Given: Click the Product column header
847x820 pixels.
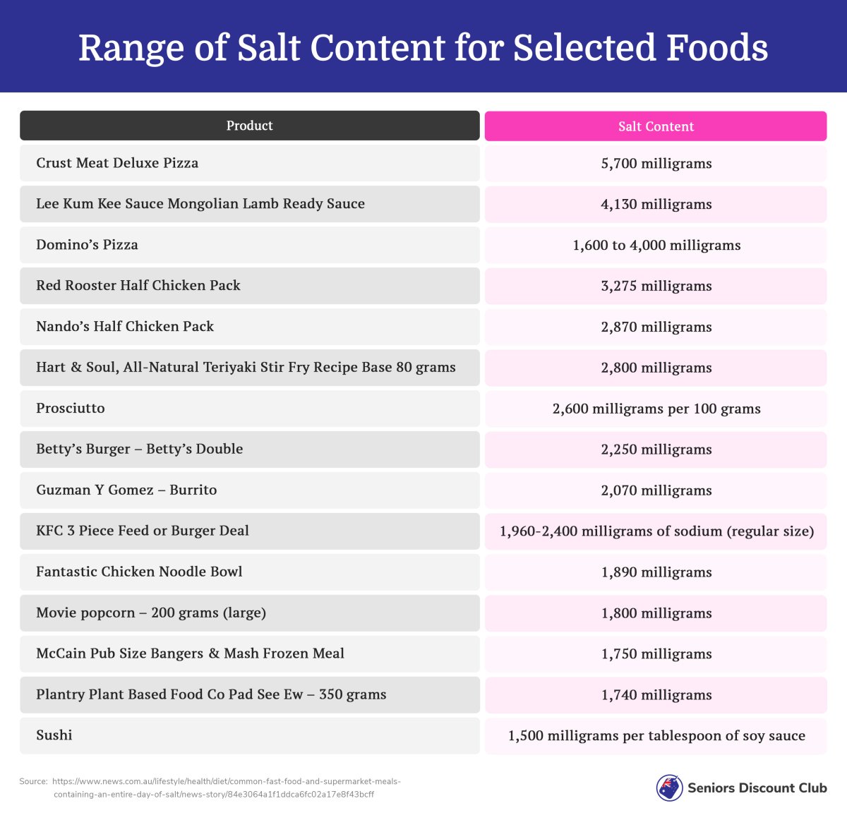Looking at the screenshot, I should click(249, 126).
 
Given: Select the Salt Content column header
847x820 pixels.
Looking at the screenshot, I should click(656, 126).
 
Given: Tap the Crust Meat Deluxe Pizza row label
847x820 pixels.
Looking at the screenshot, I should click(117, 163).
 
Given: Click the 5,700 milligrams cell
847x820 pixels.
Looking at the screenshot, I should click(656, 164).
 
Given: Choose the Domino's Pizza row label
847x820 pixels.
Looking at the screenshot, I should click(87, 245).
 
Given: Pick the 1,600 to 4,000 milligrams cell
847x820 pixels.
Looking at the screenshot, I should click(656, 246).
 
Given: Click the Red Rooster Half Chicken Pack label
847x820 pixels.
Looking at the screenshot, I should click(138, 286).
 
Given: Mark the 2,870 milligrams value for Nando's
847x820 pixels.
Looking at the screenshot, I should click(656, 327).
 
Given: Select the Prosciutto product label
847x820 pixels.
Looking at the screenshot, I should click(71, 409).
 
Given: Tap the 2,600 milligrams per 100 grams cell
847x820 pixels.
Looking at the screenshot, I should click(656, 409).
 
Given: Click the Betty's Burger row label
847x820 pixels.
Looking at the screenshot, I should click(139, 450).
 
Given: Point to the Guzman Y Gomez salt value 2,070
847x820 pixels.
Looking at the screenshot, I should click(656, 490).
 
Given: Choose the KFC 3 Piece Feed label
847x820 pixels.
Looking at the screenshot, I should click(143, 531).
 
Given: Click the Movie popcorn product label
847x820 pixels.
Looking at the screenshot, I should click(151, 613).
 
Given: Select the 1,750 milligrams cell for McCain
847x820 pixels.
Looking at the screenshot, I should click(656, 654).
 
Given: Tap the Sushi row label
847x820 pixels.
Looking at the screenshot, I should click(54, 735).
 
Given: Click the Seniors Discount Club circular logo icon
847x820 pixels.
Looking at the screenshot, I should click(669, 788).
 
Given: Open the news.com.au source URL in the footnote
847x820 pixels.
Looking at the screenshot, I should click(226, 788).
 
